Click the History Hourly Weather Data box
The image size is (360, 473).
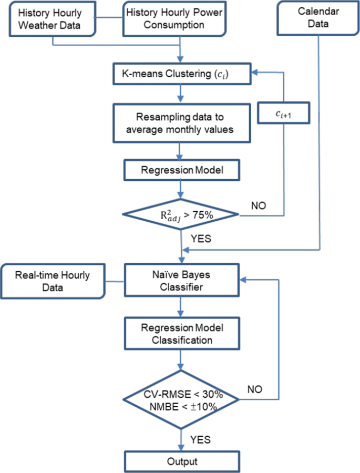click(53, 19)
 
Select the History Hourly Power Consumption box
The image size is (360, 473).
click(174, 19)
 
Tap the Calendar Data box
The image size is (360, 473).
click(318, 18)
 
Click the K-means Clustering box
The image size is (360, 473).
click(182, 74)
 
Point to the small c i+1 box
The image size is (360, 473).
click(284, 113)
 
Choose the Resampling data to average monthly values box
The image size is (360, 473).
click(182, 123)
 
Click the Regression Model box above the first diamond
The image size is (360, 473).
click(182, 170)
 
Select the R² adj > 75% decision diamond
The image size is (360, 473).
click(181, 214)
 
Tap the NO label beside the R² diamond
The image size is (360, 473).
click(259, 205)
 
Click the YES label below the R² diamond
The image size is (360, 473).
click(201, 239)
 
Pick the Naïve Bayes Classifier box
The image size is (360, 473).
click(182, 280)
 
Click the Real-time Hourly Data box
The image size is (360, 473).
click(53, 281)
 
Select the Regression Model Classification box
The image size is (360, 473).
click(182, 334)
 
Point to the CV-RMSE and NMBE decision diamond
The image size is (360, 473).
click(181, 400)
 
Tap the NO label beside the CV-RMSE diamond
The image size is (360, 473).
click(255, 389)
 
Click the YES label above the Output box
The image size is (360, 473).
click(200, 439)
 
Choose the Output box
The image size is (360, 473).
click(182, 461)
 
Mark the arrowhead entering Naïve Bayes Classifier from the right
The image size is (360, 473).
click(243, 280)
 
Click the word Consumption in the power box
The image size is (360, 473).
click(174, 25)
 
